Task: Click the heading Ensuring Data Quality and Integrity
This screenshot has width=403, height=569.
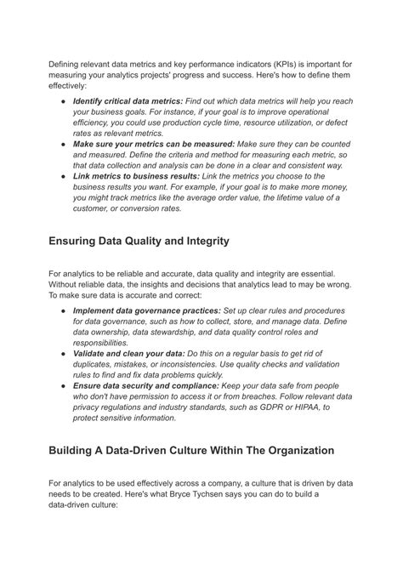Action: click(139, 241)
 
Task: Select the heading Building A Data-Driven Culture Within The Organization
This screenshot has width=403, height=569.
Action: click(191, 450)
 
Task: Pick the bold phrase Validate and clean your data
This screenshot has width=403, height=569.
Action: click(128, 352)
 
